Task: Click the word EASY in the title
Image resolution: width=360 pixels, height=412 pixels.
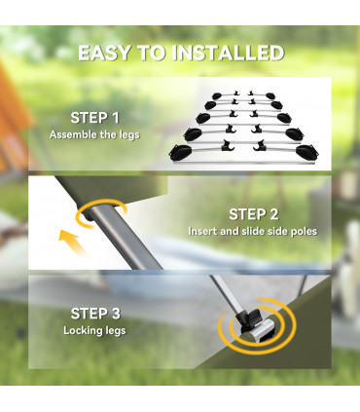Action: point(104,53)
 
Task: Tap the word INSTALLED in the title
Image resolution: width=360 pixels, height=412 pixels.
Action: point(228,53)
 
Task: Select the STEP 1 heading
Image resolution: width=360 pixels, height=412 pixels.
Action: point(94,118)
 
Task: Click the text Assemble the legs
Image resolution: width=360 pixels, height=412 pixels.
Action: point(94,134)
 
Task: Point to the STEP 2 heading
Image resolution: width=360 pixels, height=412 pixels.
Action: point(254,214)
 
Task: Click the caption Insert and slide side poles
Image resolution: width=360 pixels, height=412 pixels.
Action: point(253,231)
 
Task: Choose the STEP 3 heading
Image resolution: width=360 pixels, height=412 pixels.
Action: point(95,314)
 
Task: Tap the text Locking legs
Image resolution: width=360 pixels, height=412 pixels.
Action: point(94,331)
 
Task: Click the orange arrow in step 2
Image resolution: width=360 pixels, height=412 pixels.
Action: point(72,242)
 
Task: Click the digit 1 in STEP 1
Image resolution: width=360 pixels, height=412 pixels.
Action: point(115,118)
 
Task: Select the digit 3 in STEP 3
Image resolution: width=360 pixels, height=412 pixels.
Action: point(115,314)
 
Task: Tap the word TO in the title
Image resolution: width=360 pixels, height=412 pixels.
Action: point(151,53)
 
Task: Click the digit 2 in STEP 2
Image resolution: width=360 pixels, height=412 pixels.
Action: point(273,214)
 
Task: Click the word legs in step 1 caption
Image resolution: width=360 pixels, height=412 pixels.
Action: point(129,135)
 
